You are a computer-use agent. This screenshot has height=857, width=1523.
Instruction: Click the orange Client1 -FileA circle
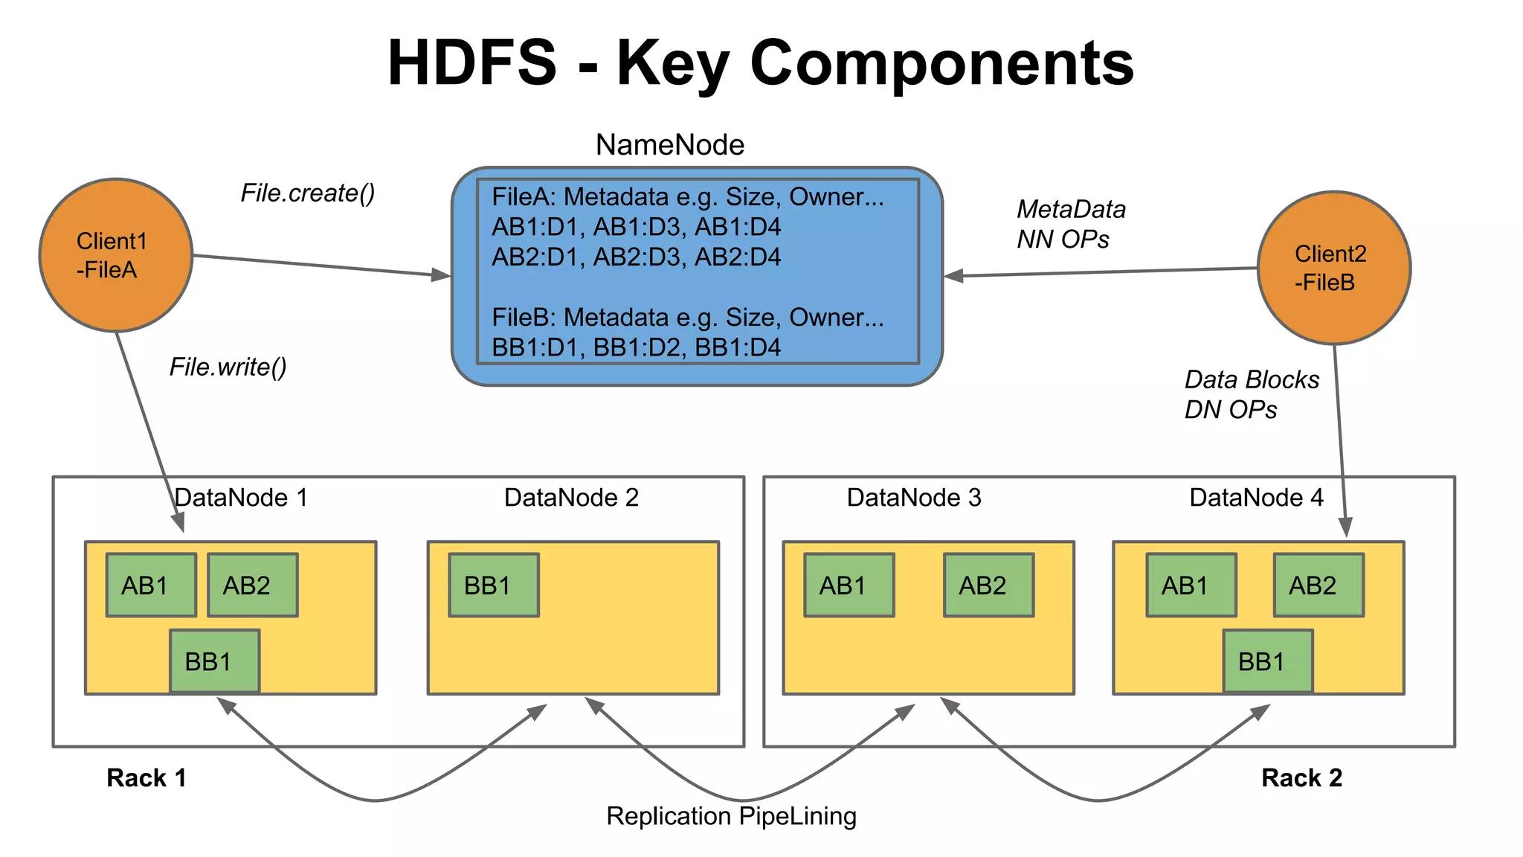coord(115,255)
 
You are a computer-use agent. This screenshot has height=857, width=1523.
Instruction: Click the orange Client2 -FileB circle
coord(1333,268)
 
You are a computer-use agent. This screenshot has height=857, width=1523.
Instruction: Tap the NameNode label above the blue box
coord(669,144)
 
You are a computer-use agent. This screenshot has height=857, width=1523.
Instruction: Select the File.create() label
coord(307,193)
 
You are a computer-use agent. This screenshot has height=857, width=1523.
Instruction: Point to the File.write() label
coord(228,367)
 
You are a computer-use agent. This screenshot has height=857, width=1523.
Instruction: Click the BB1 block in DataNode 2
coord(493,585)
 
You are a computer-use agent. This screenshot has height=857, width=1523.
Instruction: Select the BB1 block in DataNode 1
coord(214,661)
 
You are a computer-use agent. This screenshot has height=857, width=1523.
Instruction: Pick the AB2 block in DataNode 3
coord(988,585)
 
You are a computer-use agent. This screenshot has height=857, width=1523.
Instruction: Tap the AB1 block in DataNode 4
coord(1191,585)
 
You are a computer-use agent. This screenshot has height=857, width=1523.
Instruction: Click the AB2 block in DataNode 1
coord(252,585)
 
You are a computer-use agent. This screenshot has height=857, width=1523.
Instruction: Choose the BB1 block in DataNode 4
coord(1267,661)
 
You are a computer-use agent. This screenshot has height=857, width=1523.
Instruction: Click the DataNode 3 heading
coord(913,498)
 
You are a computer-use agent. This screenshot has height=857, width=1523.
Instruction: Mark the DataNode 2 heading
coord(571,498)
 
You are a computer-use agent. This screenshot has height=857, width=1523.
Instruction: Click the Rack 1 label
coord(146,778)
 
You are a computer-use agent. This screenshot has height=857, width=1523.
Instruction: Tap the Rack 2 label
coord(1301,778)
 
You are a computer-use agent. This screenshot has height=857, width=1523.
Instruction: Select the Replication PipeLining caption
coord(731,816)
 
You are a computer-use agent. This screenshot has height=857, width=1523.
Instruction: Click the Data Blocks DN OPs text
coord(1251,394)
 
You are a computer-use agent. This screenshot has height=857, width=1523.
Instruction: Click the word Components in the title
coord(941,63)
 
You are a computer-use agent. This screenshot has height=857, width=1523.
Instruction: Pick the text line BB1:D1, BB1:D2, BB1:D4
coord(636,347)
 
